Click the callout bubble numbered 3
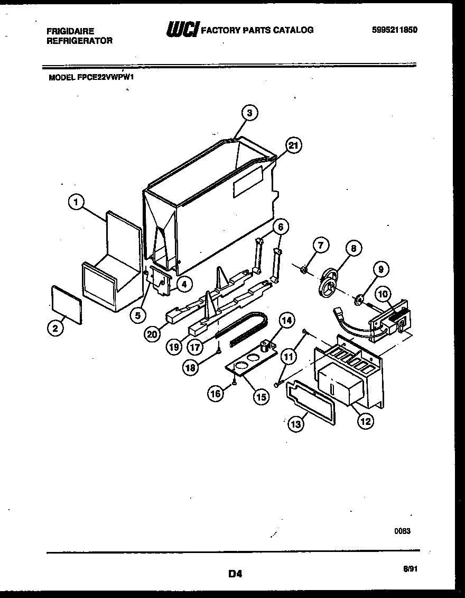[x=249, y=112]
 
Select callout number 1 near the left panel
[x=77, y=201]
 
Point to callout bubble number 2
[x=54, y=328]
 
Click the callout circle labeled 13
[x=295, y=423]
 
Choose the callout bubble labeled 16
[x=215, y=393]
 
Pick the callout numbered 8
[x=354, y=248]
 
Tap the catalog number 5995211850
[x=395, y=30]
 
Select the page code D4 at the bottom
[x=235, y=573]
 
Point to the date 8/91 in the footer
[x=410, y=568]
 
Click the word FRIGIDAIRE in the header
[x=70, y=31]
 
